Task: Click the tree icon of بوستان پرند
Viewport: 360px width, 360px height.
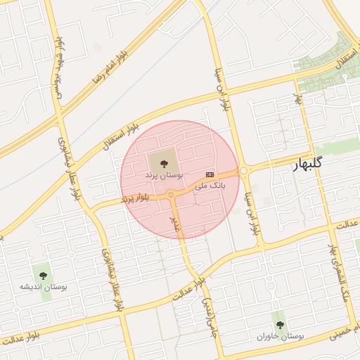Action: click(164, 163)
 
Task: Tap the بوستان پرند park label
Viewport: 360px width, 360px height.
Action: click(164, 174)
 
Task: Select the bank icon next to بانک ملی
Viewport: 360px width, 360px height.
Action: click(210, 174)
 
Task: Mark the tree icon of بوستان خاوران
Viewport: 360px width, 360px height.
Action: click(280, 325)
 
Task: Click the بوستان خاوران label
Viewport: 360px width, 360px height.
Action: click(281, 337)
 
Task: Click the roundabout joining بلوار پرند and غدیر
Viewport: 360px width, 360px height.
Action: click(171, 194)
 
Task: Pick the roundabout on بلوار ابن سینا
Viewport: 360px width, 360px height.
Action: click(244, 170)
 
